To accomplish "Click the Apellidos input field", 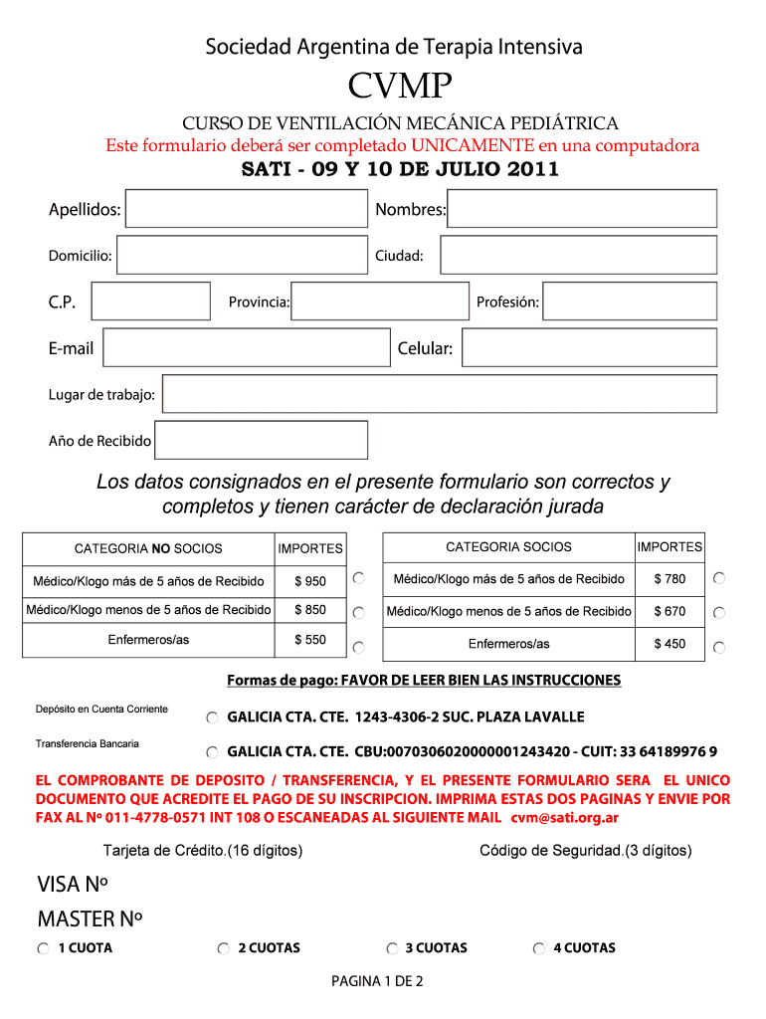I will pos(246,209).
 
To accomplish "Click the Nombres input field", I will pos(581,209).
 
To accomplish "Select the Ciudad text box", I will pos(578,256).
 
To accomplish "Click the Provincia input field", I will pos(379,301).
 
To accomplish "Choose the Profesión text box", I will pos(629,301).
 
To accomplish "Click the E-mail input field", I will pos(247,347).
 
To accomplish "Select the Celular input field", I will pos(589,347).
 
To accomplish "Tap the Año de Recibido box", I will pos(261,440).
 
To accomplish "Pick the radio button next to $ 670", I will pos(719,612).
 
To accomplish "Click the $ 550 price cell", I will pos(310,640).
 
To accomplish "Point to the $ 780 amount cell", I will pos(670,578).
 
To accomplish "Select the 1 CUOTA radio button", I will pos(43,949).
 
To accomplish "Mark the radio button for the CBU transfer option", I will pos(213,752).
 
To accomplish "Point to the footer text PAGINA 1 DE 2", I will pos(378,982).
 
